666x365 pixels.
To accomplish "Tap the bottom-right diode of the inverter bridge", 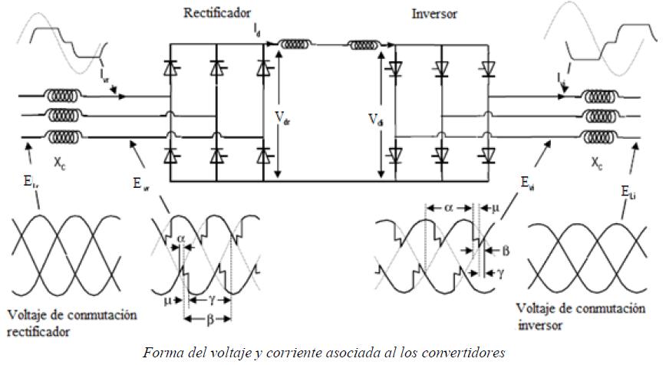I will point(486,154).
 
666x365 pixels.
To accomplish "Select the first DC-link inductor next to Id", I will point(294,45).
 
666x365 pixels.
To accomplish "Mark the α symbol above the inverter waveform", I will point(447,207).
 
